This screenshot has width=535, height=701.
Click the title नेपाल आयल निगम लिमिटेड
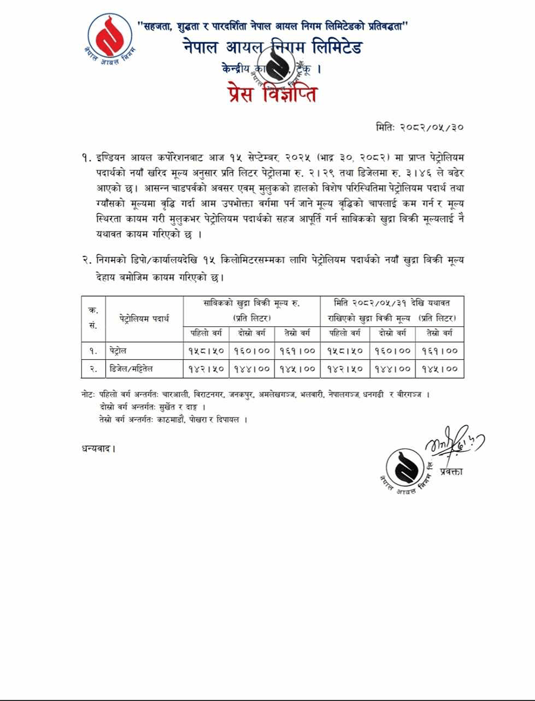(x=272, y=48)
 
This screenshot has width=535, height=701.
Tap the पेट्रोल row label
(x=119, y=351)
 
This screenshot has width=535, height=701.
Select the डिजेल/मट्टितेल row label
(x=131, y=369)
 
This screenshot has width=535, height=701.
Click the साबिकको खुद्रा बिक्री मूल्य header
(x=251, y=309)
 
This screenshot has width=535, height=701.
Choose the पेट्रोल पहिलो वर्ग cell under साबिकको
(x=206, y=351)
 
